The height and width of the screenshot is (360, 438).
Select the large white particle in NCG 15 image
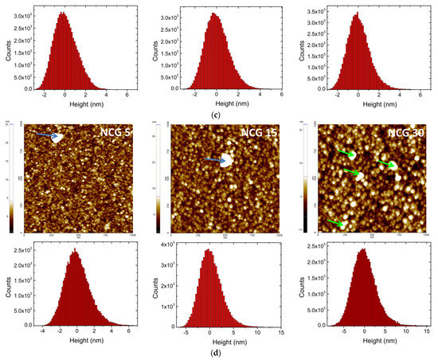(226, 161)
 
